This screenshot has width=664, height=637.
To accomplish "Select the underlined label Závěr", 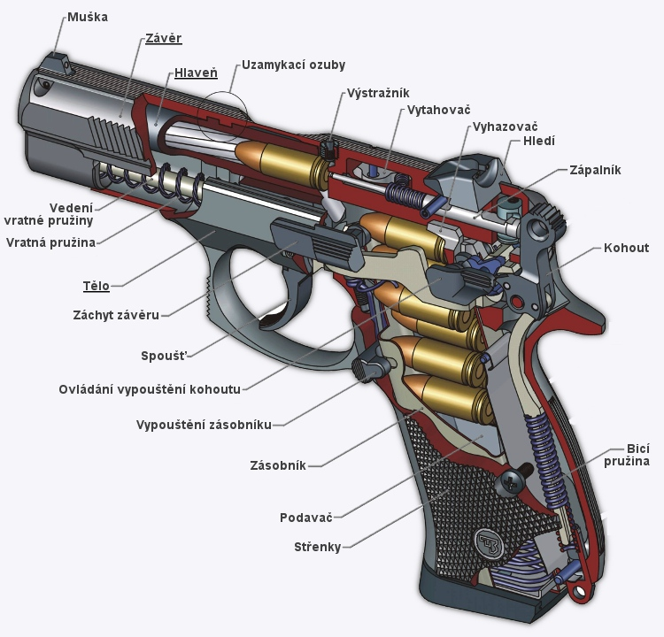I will pos(164,39).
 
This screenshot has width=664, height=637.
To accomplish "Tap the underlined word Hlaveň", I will pos(196,73).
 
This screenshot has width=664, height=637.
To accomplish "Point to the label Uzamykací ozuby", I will pos(293,65).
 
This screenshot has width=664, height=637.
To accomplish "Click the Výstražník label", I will pos(378,92).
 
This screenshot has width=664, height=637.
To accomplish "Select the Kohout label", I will pos(627,248).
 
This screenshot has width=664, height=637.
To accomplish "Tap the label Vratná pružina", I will pos(50,242).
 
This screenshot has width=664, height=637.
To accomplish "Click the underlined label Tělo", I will pos(97,286).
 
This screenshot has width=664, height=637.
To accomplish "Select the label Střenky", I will pos(317,547).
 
